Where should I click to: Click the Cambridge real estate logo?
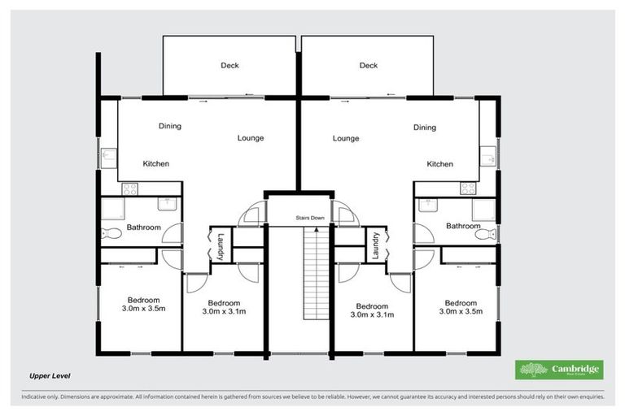click(559, 370)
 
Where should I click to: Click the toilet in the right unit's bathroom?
click(485, 234)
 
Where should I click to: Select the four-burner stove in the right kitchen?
click(468, 188)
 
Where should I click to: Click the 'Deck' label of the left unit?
click(229, 66)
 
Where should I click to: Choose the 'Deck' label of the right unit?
click(369, 66)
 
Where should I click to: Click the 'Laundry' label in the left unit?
click(220, 246)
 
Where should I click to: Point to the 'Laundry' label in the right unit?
click(376, 246)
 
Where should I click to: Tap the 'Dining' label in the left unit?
click(169, 127)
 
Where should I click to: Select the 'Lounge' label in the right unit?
click(346, 138)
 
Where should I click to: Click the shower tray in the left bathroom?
click(110, 210)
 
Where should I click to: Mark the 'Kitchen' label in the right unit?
click(440, 164)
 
